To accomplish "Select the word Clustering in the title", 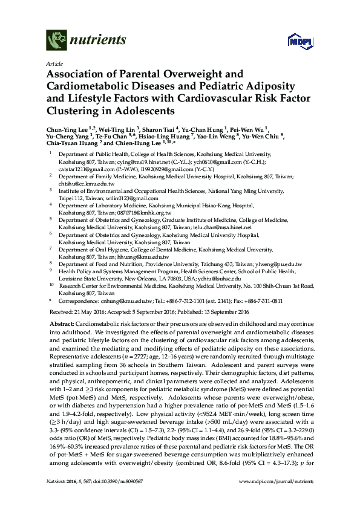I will (74, 111).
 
